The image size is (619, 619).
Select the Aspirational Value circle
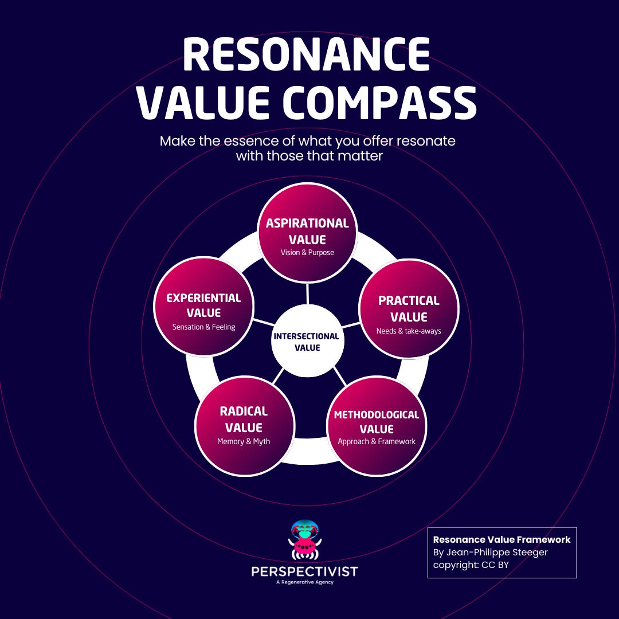click(308, 233)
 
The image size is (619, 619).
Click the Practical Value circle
click(409, 309)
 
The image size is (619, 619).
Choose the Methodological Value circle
click(377, 425)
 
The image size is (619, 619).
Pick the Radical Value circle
click(244, 425)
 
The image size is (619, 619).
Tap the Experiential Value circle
click(204, 306)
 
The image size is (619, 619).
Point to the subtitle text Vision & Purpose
click(307, 252)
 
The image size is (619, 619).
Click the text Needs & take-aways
click(409, 331)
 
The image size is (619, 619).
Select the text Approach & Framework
click(377, 441)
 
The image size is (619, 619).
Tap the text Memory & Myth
click(244, 441)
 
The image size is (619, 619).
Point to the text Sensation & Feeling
click(204, 327)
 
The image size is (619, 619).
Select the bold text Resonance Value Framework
click(502, 539)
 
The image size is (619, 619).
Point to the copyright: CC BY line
click(471, 565)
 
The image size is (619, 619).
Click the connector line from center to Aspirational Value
click(307, 293)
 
